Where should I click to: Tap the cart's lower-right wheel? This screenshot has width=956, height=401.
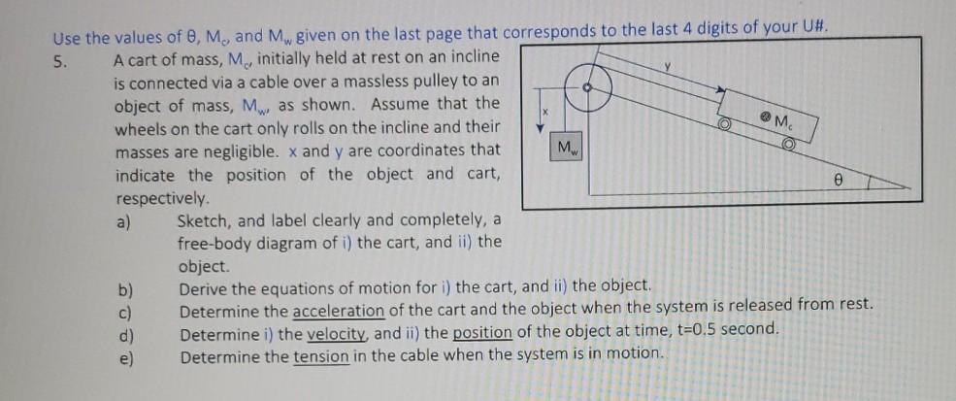788,144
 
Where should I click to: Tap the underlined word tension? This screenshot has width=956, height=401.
320,355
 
